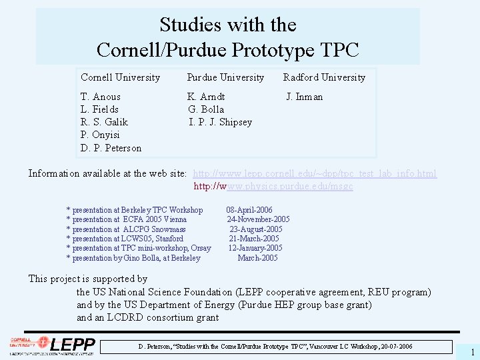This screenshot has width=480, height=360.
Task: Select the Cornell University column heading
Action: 120,77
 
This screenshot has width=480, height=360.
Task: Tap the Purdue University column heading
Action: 225,77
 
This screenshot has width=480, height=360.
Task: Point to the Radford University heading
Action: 324,77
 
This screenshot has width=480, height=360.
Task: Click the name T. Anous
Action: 101,97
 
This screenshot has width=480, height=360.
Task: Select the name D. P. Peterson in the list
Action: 111,147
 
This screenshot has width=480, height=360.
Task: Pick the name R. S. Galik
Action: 104,122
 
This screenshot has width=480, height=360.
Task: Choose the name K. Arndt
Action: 206,97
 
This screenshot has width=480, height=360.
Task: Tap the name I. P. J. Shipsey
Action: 221,122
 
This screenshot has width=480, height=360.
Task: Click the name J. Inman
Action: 305,97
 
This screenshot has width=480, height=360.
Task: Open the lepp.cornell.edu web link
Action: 315,174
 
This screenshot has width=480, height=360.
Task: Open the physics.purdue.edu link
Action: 273,187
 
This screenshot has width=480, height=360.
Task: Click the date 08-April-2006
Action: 249,210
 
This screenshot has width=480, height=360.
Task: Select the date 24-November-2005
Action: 258,219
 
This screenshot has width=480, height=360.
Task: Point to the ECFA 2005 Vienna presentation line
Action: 127,219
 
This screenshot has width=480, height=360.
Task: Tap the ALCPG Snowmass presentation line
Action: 126,229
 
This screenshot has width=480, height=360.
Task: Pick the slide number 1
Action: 472,352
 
